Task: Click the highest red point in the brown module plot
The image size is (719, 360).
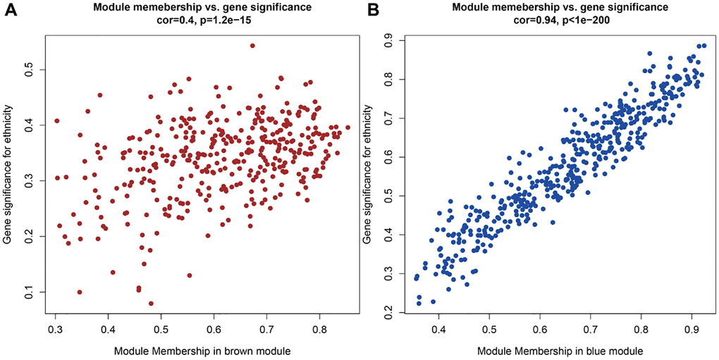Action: click(252, 46)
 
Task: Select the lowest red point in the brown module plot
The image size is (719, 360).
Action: click(151, 304)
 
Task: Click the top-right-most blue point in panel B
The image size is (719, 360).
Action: click(703, 45)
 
